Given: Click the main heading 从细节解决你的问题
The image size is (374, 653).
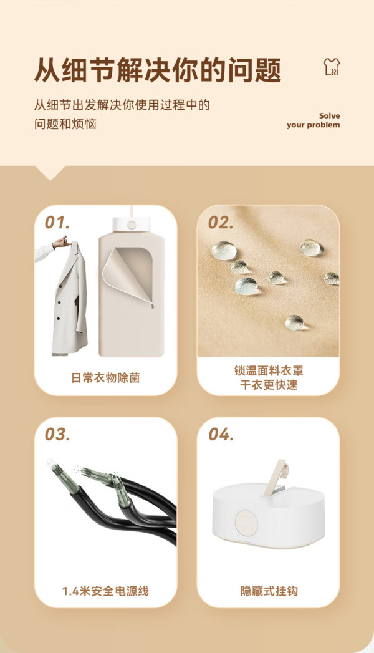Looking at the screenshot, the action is (158, 70).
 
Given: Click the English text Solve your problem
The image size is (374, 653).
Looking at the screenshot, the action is (314, 120).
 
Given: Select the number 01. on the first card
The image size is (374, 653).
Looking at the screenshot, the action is (57, 223).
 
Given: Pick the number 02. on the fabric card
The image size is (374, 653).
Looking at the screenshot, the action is (221, 223).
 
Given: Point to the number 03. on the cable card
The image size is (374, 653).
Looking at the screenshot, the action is (57, 434).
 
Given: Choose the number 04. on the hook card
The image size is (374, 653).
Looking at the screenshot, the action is (221, 434).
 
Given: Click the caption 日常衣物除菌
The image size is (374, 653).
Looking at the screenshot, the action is (105, 378).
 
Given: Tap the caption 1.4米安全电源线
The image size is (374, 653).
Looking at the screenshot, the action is (105, 591).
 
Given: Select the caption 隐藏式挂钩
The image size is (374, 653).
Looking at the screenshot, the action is (269, 591).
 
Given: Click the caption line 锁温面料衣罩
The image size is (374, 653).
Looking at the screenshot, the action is (269, 370).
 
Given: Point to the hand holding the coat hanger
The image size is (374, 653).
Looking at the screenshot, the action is (60, 242).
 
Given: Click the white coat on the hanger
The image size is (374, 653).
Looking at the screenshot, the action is (70, 300).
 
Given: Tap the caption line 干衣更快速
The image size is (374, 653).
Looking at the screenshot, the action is (269, 385).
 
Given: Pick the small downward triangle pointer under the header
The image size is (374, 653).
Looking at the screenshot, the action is (50, 172).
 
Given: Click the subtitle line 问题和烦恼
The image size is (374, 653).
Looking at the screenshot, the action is (65, 123).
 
